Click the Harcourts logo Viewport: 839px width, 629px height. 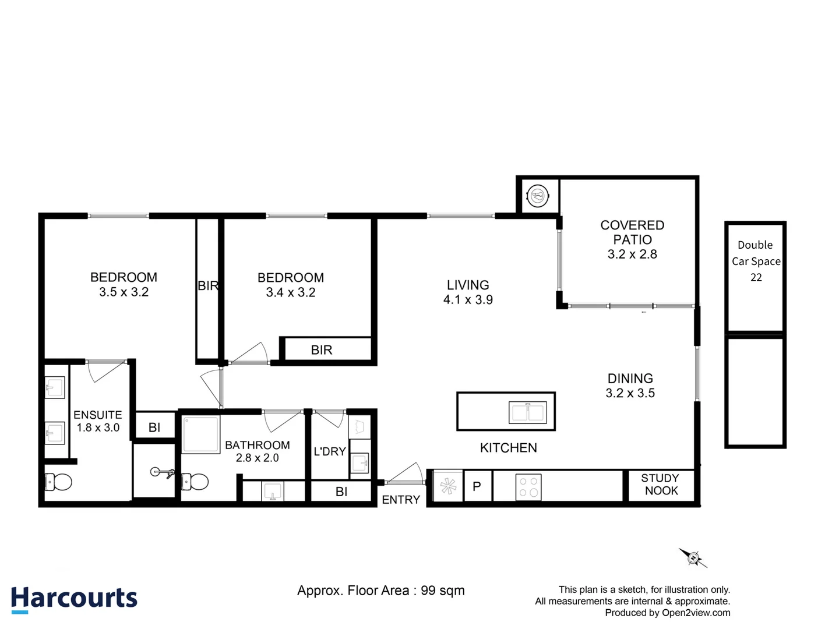74,599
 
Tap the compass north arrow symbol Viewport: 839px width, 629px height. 693,558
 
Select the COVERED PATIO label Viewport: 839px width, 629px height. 632,239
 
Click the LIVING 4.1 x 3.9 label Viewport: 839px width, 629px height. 468,292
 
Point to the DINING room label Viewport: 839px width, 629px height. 630,386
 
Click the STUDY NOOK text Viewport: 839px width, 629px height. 661,485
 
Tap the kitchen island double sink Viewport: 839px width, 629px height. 527,412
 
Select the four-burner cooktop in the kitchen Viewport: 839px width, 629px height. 528,487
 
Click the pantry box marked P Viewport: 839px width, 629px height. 477,486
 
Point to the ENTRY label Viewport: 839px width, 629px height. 401,500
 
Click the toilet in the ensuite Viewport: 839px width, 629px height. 58,482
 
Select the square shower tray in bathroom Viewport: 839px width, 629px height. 201,434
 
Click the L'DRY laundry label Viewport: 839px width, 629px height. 330,451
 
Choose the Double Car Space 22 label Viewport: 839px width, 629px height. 756,261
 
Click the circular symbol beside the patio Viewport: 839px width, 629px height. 538,196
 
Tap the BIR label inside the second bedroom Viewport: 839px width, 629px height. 322,350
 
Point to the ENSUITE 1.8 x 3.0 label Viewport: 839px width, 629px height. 98,421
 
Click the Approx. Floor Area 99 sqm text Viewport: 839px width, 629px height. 381,591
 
